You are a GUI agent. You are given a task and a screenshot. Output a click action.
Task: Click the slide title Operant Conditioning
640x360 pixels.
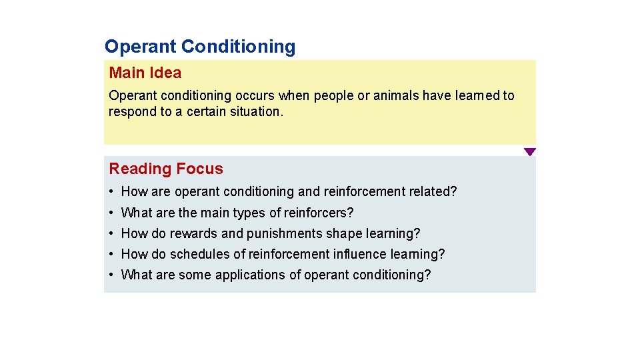[x=200, y=47]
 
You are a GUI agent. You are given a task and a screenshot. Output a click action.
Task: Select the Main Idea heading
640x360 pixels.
[x=145, y=73]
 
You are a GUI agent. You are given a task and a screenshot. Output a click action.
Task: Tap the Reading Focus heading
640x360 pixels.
[x=166, y=169]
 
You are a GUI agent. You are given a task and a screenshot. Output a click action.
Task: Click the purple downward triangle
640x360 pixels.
[x=529, y=152]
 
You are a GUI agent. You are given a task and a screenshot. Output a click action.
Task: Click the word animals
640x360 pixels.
[x=396, y=95]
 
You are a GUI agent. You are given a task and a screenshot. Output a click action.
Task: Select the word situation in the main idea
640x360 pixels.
[x=256, y=111]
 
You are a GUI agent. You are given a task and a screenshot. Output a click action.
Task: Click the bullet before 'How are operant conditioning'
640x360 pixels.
[x=112, y=192]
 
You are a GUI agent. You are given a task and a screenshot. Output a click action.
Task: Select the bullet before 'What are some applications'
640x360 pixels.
[x=112, y=275]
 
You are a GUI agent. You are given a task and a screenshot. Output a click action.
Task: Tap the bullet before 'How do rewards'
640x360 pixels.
[x=112, y=234]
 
